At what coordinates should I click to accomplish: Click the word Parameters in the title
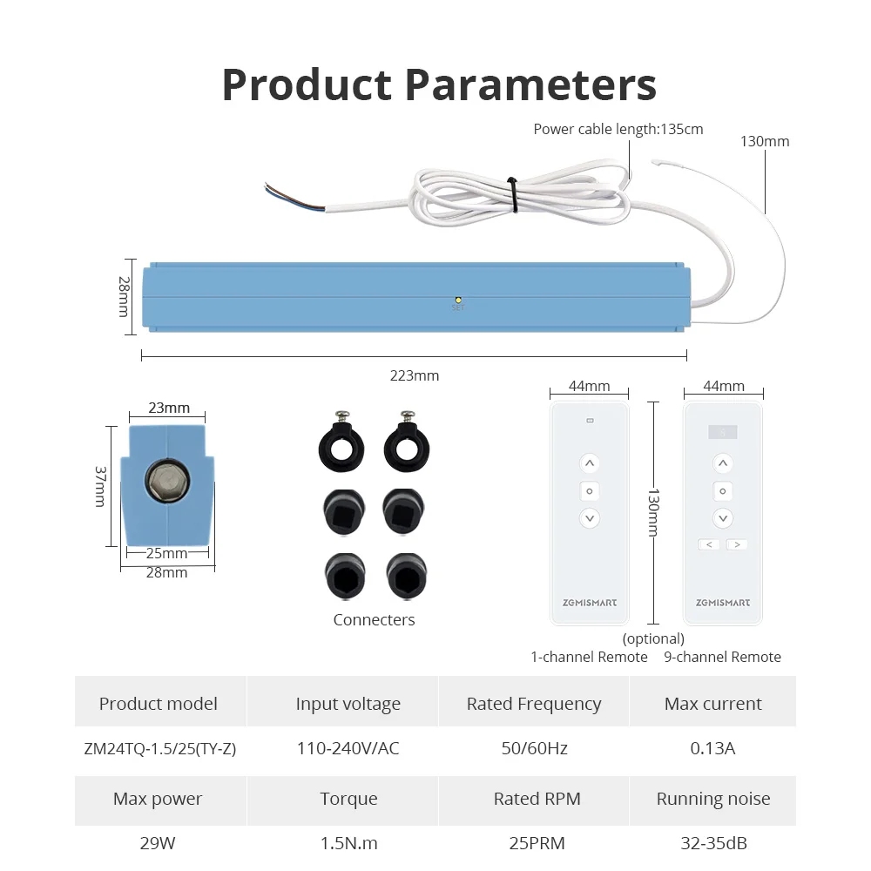(531, 85)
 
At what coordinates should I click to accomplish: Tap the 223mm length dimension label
(415, 375)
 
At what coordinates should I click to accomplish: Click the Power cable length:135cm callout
(618, 130)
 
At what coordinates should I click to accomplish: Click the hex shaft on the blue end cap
(165, 479)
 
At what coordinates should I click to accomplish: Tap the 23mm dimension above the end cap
(169, 408)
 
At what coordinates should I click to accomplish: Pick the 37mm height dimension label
(101, 486)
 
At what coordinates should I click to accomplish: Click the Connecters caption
(374, 620)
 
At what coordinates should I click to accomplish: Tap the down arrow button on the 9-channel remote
(722, 519)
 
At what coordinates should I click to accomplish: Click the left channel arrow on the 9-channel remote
(708, 544)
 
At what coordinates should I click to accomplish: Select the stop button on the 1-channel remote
(590, 491)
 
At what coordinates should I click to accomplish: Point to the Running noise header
(712, 799)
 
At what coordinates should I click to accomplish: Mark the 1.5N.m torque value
(348, 843)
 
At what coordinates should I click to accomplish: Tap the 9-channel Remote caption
(722, 658)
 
